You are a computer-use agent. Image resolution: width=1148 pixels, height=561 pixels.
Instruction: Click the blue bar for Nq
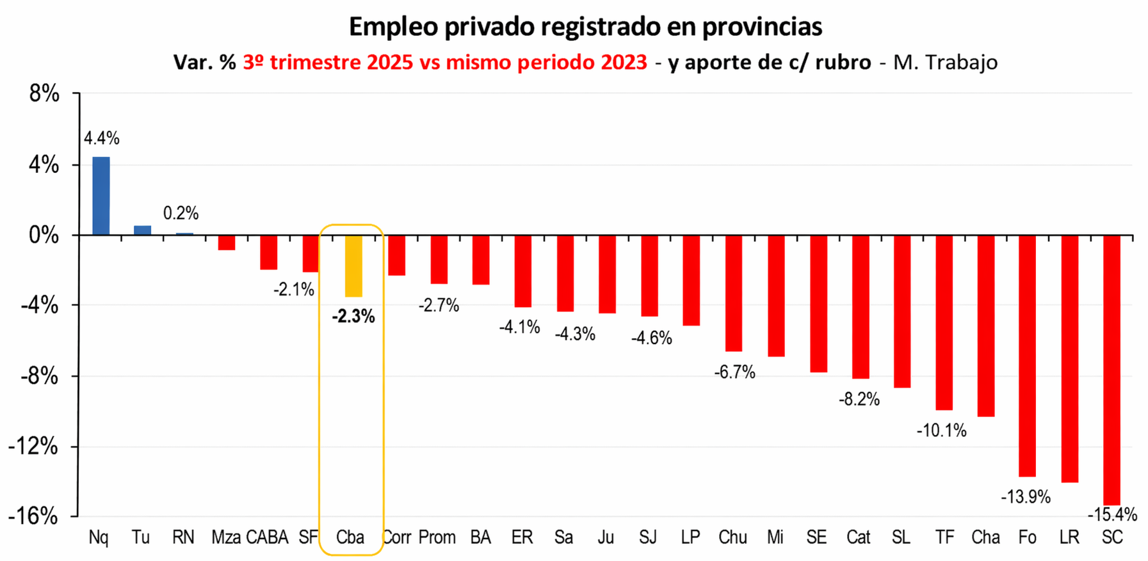pyautogui.click(x=101, y=196)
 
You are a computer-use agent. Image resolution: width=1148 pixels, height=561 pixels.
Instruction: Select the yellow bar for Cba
pyautogui.click(x=353, y=266)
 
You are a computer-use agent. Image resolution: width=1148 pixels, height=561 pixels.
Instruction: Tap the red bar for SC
pyautogui.click(x=1112, y=370)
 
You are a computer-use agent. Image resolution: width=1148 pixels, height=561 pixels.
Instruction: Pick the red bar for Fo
pyautogui.click(x=1027, y=356)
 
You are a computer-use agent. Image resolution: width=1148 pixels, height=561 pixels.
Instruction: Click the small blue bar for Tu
pyautogui.click(x=142, y=230)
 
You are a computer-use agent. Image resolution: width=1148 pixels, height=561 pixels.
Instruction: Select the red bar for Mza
pyautogui.click(x=226, y=242)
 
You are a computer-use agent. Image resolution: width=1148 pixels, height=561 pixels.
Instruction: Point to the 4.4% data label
pyautogui.click(x=102, y=138)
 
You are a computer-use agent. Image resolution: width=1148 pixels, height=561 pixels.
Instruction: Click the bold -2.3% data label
pyautogui.click(x=353, y=316)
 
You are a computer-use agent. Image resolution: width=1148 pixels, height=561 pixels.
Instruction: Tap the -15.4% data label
pyautogui.click(x=1112, y=514)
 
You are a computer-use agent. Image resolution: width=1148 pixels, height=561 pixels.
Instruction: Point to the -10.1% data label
pyautogui.click(x=941, y=431)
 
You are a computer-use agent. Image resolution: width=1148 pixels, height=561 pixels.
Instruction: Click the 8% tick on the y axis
pyautogui.click(x=44, y=95)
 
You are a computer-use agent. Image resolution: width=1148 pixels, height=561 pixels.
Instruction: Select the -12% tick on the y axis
pyautogui.click(x=33, y=446)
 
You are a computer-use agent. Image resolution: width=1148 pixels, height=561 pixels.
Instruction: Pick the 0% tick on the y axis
pyautogui.click(x=44, y=235)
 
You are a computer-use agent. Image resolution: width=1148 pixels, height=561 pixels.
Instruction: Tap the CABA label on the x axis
pyautogui.click(x=267, y=537)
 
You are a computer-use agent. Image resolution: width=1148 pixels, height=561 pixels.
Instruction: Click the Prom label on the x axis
pyautogui.click(x=437, y=537)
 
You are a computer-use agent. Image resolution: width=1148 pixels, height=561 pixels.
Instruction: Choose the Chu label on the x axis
pyautogui.click(x=732, y=537)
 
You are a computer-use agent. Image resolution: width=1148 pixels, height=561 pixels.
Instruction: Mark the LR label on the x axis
pyautogui.click(x=1069, y=537)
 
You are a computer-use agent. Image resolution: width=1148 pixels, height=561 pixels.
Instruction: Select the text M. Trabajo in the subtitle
pyautogui.click(x=945, y=62)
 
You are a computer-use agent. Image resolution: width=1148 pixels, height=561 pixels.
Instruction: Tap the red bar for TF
pyautogui.click(x=944, y=322)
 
